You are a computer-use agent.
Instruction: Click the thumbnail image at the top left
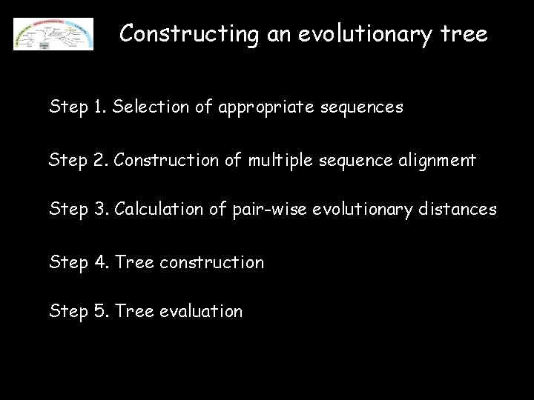(53, 34)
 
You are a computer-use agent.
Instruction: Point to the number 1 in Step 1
(99, 107)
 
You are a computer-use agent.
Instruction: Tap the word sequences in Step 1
(366, 108)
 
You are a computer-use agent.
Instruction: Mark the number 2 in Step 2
(99, 159)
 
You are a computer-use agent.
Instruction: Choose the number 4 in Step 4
(99, 261)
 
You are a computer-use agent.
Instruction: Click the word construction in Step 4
(211, 261)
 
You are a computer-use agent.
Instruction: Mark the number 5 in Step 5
(99, 312)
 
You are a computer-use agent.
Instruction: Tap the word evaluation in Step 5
(201, 312)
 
